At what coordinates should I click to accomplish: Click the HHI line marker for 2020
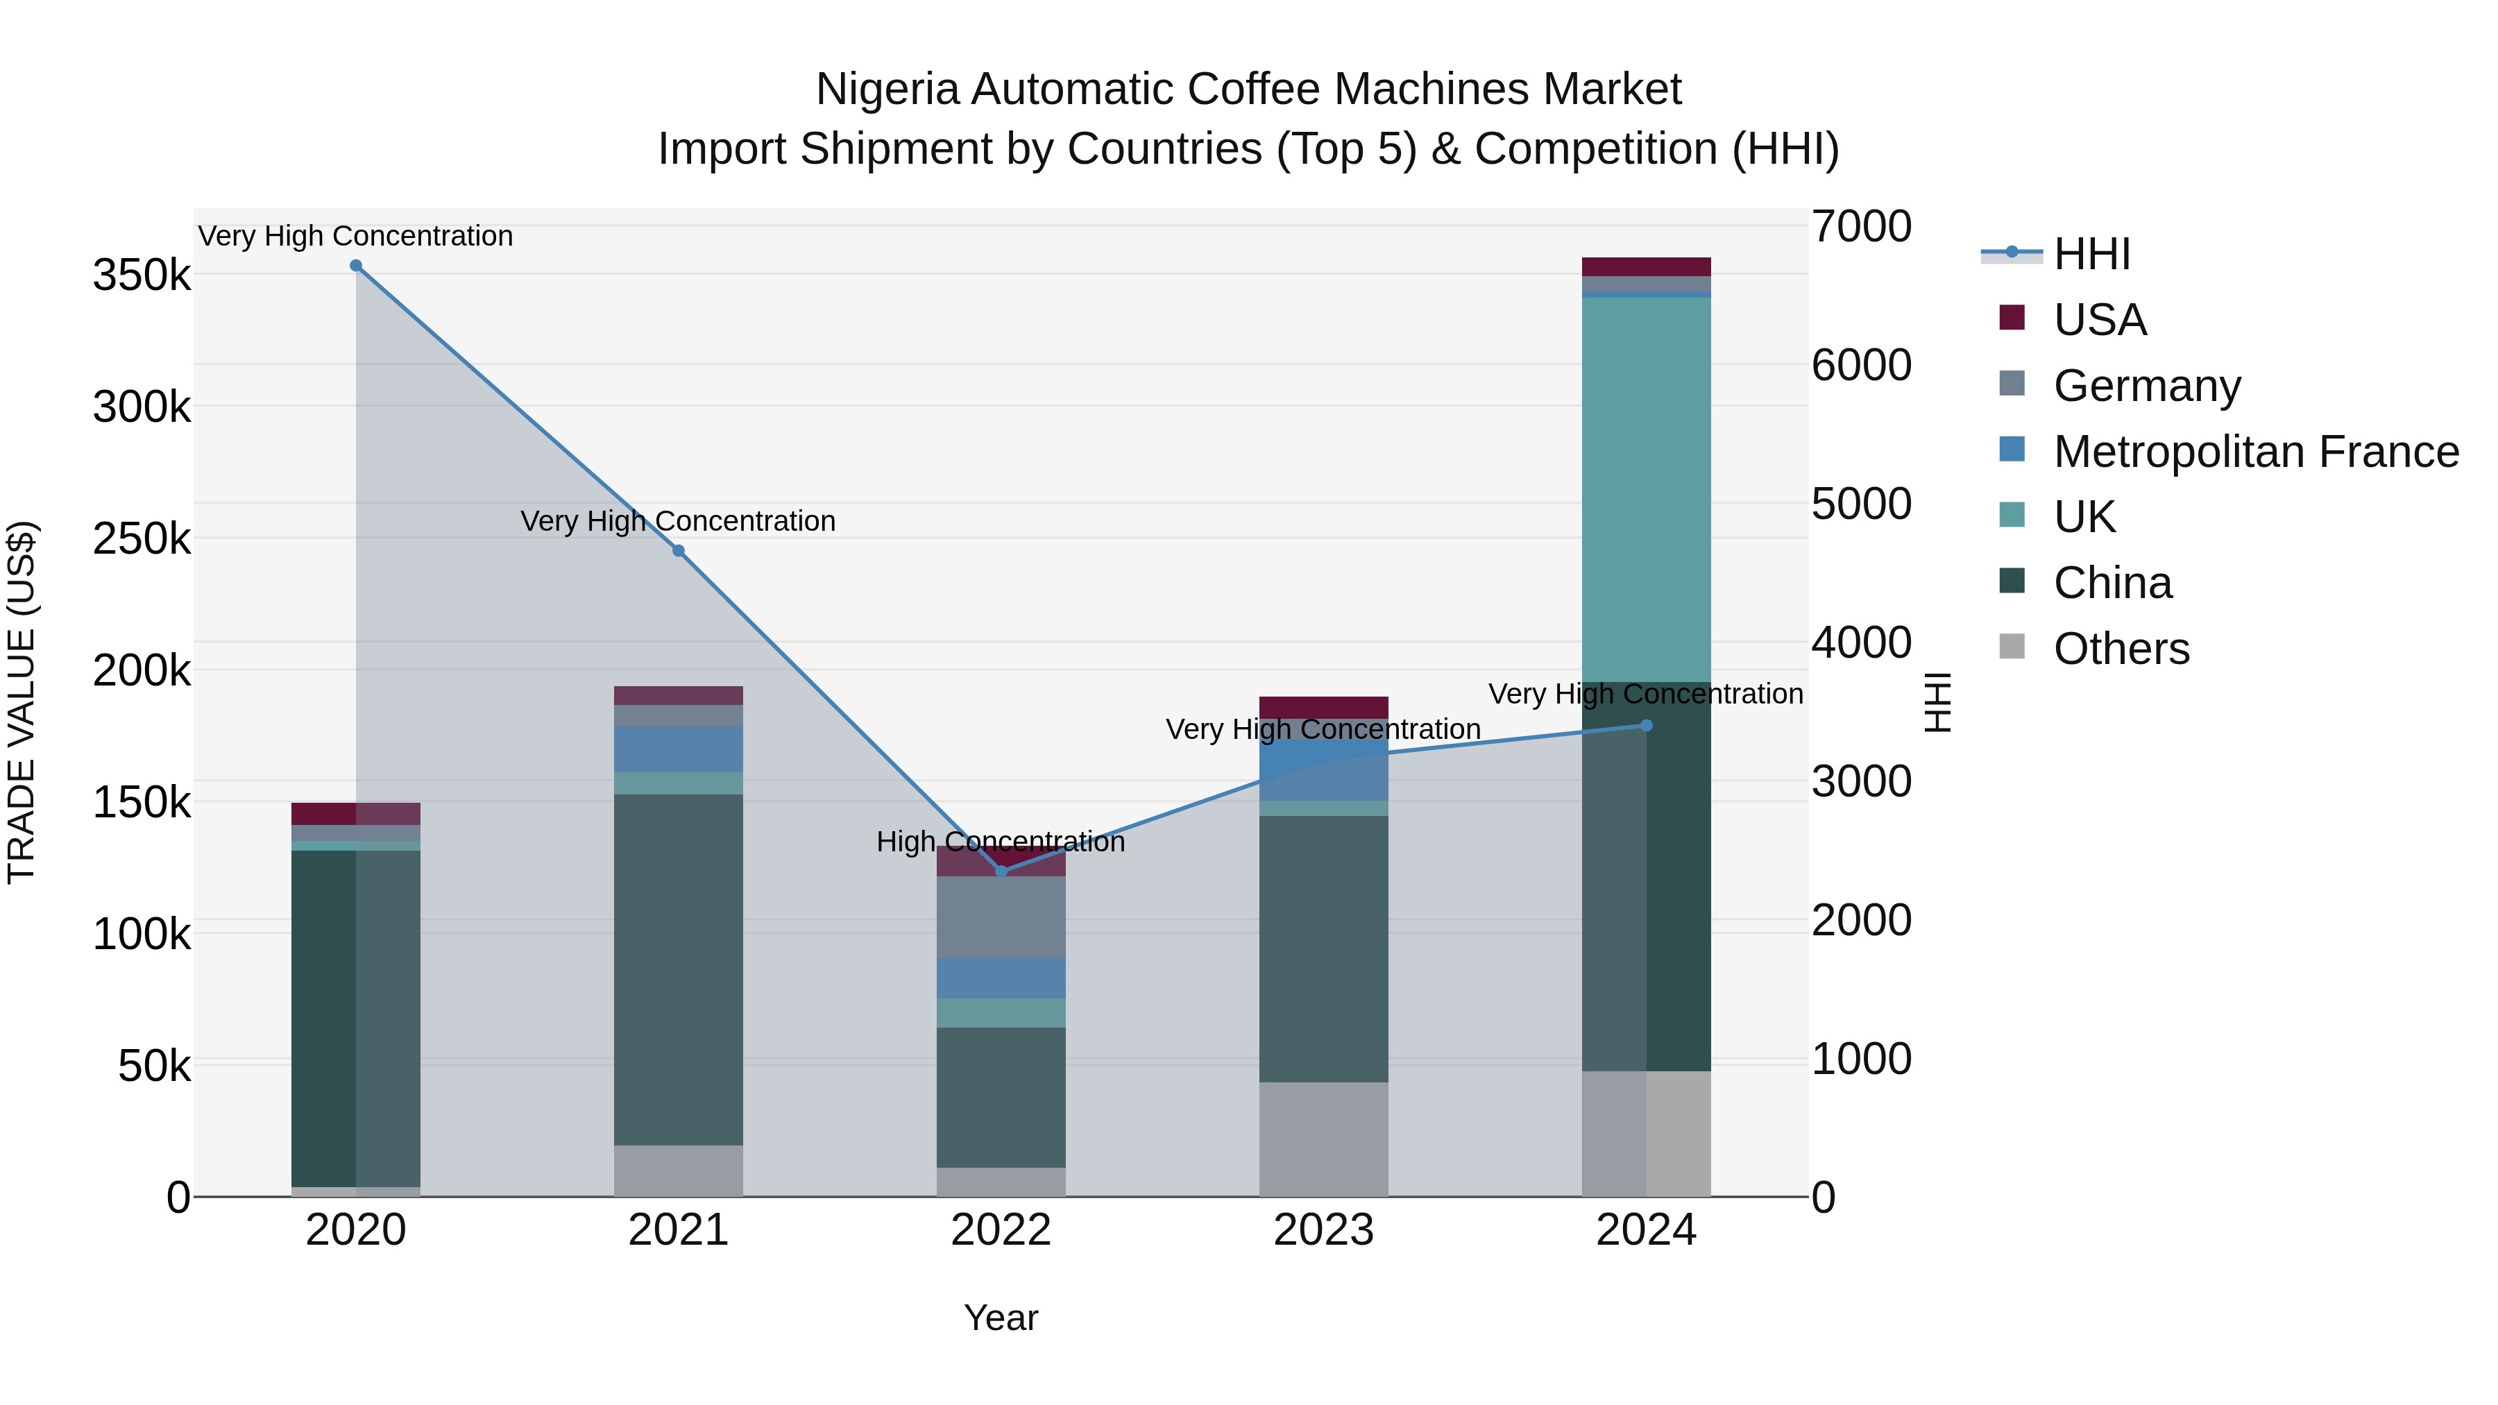click(356, 266)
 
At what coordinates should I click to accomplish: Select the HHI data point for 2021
click(679, 551)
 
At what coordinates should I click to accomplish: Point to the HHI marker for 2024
click(1647, 725)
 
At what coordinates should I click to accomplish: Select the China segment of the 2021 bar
click(679, 970)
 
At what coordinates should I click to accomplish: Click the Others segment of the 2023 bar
click(1324, 1139)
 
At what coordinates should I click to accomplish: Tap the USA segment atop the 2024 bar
click(1647, 266)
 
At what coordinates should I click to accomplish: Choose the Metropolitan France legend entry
click(2256, 452)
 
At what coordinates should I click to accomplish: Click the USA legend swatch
click(2012, 318)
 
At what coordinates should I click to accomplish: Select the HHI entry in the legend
click(2091, 254)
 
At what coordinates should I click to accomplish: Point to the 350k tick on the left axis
click(142, 275)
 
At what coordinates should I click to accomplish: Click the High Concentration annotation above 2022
click(1001, 842)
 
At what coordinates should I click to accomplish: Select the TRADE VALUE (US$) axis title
click(22, 702)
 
